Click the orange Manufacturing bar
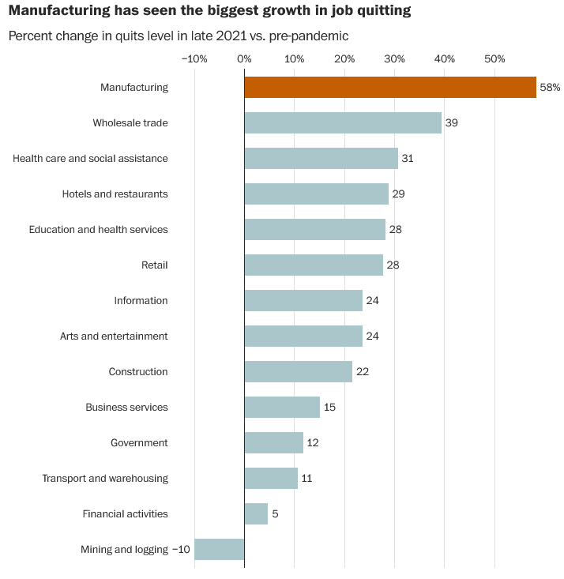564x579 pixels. (390, 88)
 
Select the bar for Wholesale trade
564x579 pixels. (343, 123)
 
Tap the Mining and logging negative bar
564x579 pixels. (220, 549)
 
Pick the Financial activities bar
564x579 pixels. (256, 513)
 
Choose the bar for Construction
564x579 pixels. (299, 371)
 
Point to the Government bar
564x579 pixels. (274, 442)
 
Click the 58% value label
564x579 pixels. (550, 88)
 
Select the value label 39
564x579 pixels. (452, 123)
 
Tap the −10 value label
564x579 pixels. (181, 549)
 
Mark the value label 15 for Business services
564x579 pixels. (330, 407)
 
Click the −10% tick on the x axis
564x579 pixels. (194, 58)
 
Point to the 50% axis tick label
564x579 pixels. (494, 58)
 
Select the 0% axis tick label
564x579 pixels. (244, 58)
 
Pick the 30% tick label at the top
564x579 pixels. (394, 58)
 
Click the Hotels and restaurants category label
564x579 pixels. (115, 194)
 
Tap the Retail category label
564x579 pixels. (155, 265)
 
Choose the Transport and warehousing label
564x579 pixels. (105, 479)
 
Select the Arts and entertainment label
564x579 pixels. (114, 336)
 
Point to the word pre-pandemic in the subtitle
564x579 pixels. (314, 36)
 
